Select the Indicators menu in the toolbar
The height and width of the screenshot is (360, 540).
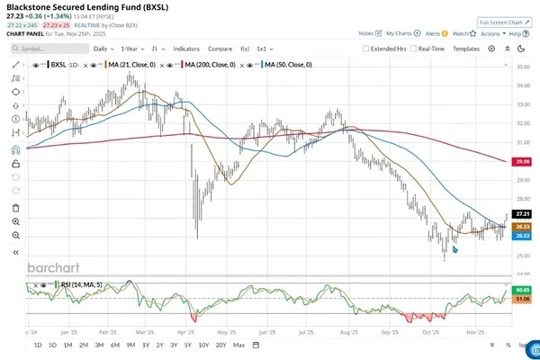[186, 48]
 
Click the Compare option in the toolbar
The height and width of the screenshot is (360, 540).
[220, 48]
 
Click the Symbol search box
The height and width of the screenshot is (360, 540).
[44, 49]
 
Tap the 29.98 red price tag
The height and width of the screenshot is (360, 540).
[522, 161]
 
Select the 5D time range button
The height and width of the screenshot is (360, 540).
[53, 345]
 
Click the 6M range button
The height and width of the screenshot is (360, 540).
[115, 345]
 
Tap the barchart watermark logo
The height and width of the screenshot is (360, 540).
[53, 268]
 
